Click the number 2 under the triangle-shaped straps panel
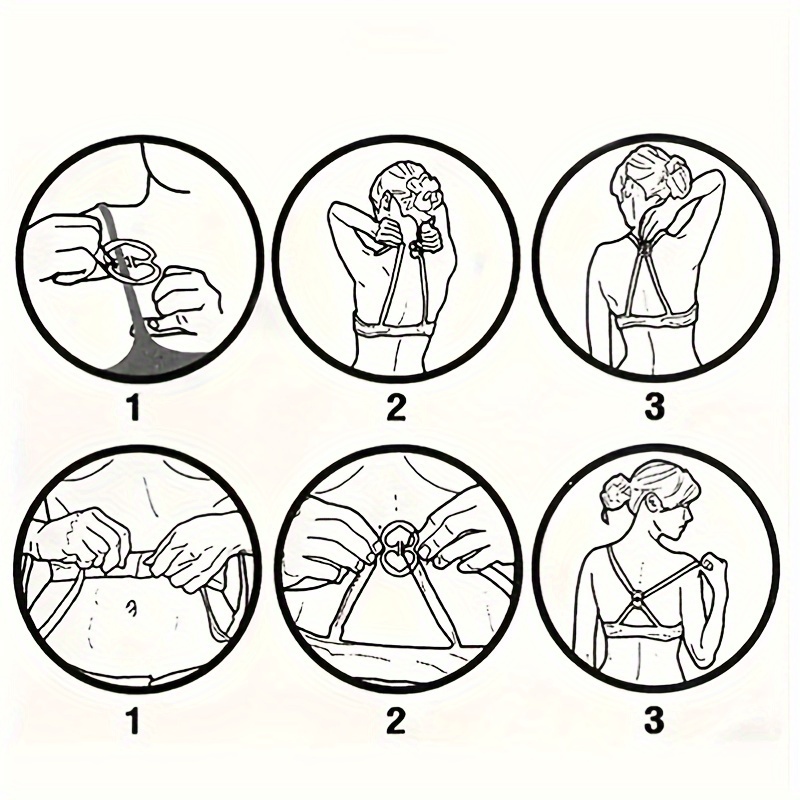click(396, 721)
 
